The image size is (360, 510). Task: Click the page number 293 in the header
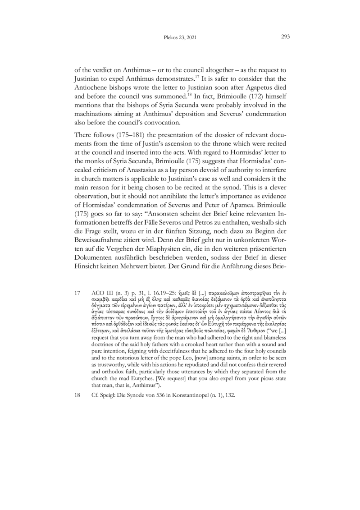[285, 37]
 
